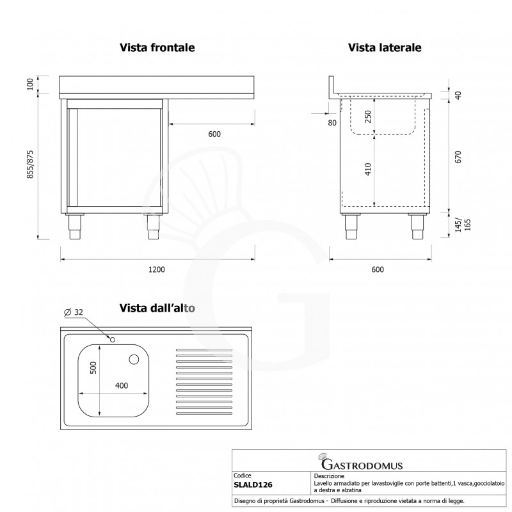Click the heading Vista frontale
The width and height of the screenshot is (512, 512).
[157, 48]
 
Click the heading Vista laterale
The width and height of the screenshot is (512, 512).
[384, 48]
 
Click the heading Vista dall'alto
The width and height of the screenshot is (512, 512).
[157, 308]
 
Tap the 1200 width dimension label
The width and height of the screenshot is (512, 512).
[157, 269]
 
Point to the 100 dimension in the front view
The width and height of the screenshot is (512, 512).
[30, 85]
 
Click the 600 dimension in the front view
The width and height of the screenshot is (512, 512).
[214, 134]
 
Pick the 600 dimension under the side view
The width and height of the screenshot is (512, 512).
[378, 269]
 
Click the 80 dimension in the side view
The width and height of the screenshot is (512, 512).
[332, 123]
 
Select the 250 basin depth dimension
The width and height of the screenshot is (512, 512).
[367, 118]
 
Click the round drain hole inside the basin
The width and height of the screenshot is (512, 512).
[135, 360]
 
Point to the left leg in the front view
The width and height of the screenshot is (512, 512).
[76, 226]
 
